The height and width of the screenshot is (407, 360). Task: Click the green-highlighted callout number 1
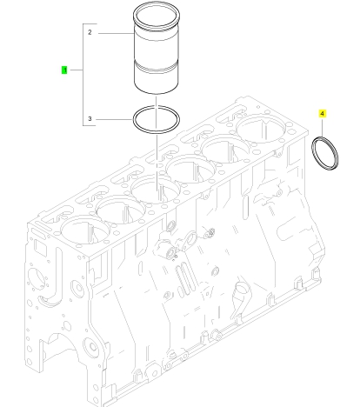64,70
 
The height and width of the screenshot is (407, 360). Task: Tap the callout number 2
90,32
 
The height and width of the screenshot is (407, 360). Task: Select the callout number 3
90,118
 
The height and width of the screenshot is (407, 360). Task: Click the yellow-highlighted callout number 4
323,114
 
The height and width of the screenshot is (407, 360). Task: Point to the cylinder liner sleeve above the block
157,48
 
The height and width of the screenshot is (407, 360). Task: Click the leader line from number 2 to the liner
116,33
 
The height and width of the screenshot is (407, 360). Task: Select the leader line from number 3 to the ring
114,119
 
